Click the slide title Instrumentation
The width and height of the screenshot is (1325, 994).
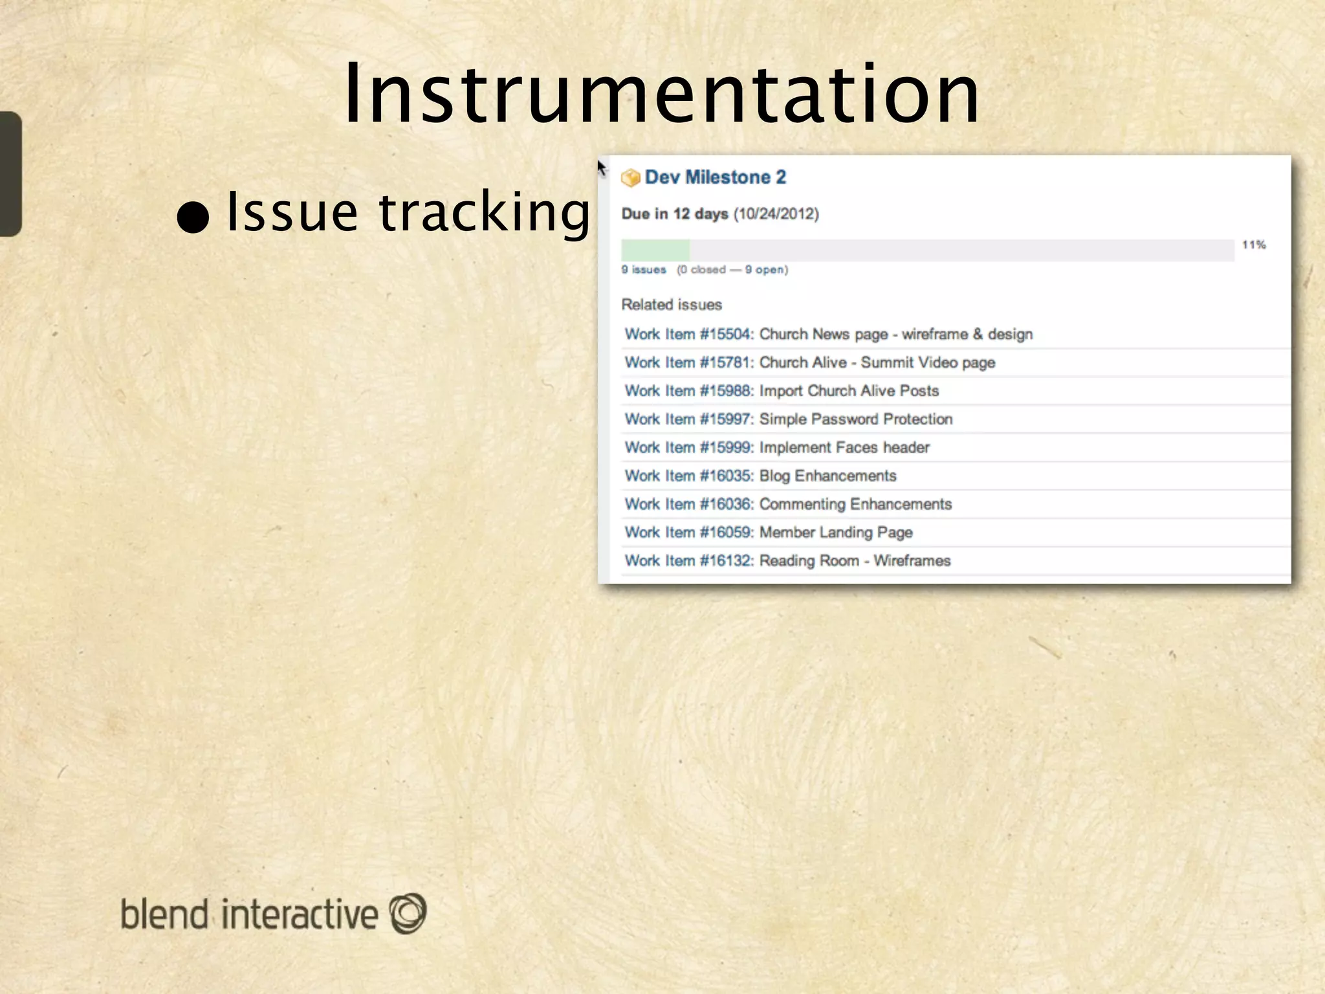pyautogui.click(x=661, y=94)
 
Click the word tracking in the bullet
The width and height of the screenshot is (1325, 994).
pyautogui.click(x=484, y=212)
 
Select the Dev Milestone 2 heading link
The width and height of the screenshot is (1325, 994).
pyautogui.click(x=715, y=177)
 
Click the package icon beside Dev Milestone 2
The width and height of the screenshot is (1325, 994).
pyautogui.click(x=630, y=178)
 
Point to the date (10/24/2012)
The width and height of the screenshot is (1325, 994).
pyautogui.click(x=776, y=214)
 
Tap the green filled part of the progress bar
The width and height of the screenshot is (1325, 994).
pyautogui.click(x=655, y=250)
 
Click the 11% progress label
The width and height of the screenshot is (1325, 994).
pyautogui.click(x=1253, y=245)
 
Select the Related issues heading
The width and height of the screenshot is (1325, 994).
pyautogui.click(x=672, y=305)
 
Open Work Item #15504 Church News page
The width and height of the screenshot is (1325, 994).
pyautogui.click(x=828, y=335)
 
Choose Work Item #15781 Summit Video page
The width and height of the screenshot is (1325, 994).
pyautogui.click(x=809, y=363)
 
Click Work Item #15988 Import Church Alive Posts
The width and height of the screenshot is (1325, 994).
pyautogui.click(x=781, y=391)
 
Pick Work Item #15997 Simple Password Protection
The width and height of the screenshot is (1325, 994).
pyautogui.click(x=788, y=419)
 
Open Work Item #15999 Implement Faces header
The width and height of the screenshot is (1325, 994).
pyautogui.click(x=776, y=448)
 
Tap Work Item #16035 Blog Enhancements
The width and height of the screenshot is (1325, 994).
pyautogui.click(x=760, y=476)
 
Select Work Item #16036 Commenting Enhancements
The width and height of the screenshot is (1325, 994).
pyautogui.click(x=788, y=505)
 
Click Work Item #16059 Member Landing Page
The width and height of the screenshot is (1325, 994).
pyautogui.click(x=768, y=533)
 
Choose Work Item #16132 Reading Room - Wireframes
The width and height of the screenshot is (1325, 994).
pyautogui.click(x=787, y=561)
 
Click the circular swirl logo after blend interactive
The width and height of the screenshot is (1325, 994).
pyautogui.click(x=408, y=913)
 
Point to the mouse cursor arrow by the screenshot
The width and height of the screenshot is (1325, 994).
pyautogui.click(x=602, y=169)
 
